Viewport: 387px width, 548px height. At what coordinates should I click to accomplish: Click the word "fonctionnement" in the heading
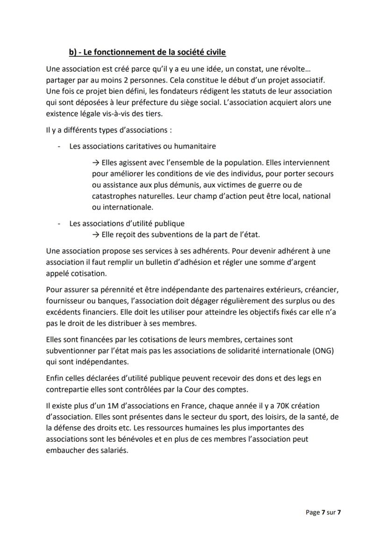pos(110,52)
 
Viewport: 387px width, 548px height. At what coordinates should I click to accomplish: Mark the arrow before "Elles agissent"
pos(96,163)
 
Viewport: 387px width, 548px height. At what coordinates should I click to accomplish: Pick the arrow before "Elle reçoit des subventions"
pos(96,234)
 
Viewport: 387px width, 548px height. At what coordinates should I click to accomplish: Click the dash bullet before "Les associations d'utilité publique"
pos(59,224)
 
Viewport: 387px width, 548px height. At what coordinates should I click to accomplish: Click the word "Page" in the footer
pos(313,512)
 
